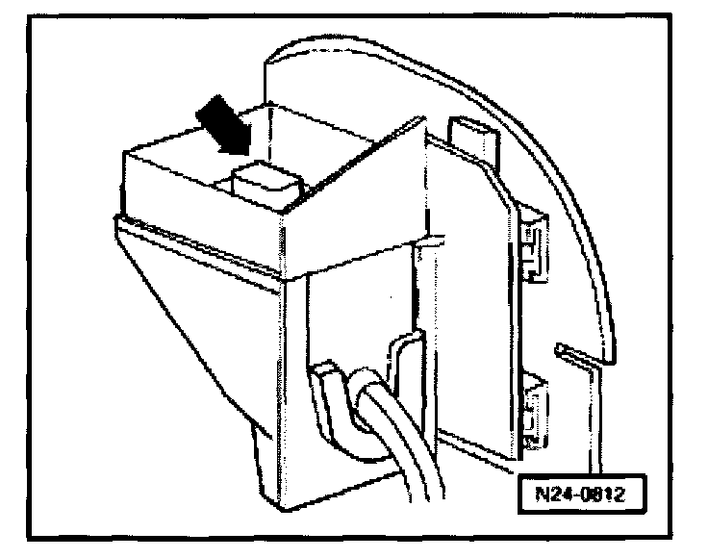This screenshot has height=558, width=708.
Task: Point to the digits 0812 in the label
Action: tap(597, 495)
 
